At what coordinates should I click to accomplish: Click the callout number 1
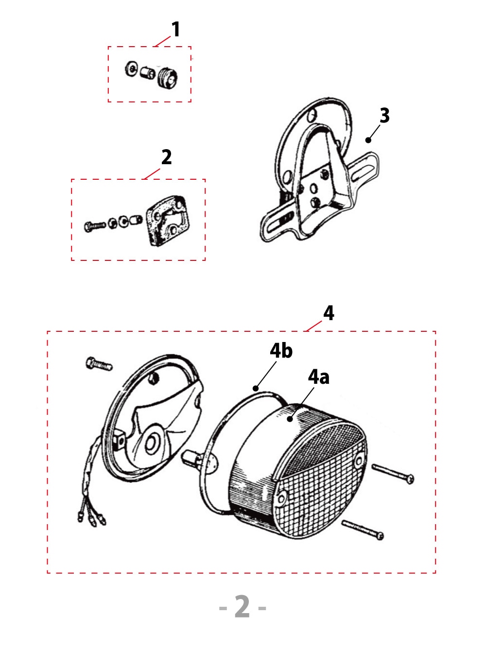click(175, 30)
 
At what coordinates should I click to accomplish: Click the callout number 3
click(384, 116)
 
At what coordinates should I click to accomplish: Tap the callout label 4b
click(281, 351)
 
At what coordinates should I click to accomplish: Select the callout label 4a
click(318, 377)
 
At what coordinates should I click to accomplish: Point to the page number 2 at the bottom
click(242, 607)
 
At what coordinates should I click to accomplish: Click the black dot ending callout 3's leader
click(368, 140)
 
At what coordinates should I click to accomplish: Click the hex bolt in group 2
click(94, 226)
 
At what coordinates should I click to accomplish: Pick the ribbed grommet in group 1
click(167, 78)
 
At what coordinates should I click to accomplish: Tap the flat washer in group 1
click(131, 69)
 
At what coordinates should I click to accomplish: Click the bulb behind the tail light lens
click(191, 459)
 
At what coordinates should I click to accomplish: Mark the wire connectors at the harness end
click(91, 519)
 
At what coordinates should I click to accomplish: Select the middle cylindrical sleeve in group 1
click(147, 73)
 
